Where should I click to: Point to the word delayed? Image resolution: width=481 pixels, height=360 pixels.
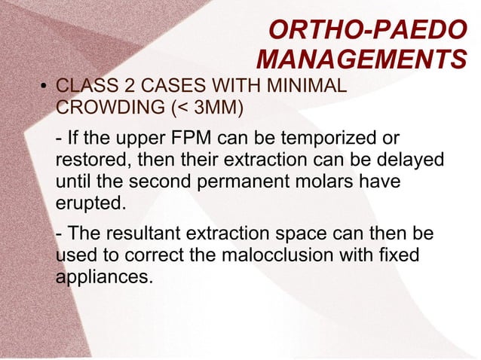[x=407, y=162]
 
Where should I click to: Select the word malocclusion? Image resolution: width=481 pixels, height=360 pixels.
[x=287, y=257]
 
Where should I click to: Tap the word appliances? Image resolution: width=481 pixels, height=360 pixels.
[x=104, y=277]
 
